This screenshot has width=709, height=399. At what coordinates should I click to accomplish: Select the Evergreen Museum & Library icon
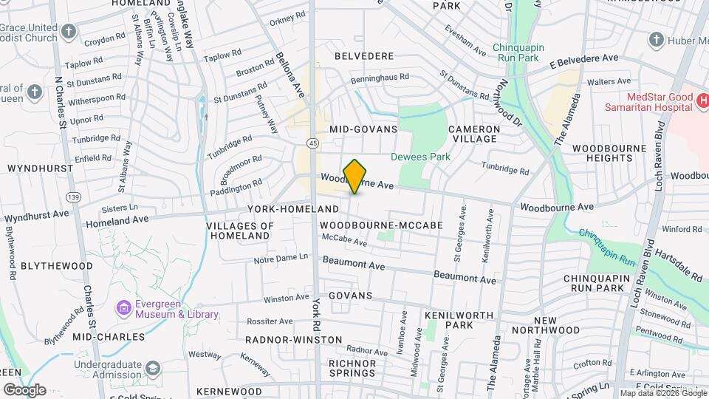point(123,306)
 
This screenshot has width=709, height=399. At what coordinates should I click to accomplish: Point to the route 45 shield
point(314,142)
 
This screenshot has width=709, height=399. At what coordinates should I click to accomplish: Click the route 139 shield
point(73,197)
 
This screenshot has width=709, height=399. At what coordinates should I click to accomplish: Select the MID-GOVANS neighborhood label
point(363,129)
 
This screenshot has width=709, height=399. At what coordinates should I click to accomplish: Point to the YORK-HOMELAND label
point(292,210)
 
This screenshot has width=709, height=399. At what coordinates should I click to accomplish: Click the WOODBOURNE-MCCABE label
point(381,225)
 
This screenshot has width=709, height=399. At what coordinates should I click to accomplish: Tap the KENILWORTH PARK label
point(448,320)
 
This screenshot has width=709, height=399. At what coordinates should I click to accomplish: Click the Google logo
point(24,389)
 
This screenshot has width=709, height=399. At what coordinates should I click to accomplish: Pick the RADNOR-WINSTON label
point(294,340)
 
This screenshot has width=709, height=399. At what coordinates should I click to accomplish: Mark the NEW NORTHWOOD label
point(555,324)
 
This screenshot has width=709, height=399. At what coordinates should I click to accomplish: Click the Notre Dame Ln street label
point(280,257)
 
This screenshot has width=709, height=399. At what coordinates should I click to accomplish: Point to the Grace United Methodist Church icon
point(69,31)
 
